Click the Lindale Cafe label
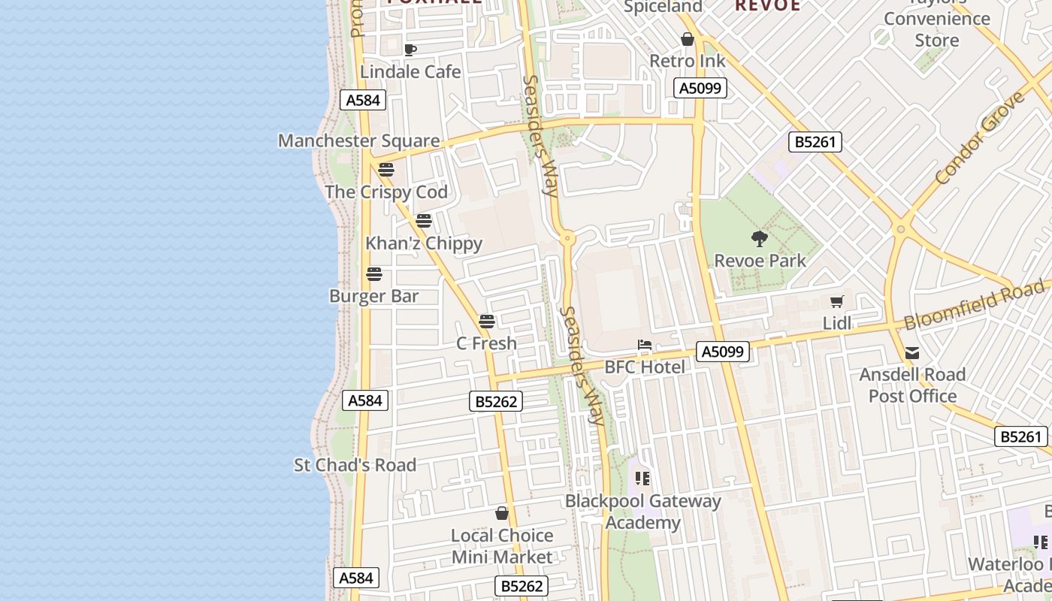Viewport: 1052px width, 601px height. (x=410, y=71)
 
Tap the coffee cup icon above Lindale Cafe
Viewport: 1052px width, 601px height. (x=410, y=50)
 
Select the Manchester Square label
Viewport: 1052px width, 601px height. (x=358, y=140)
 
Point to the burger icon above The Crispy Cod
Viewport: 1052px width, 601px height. (x=386, y=170)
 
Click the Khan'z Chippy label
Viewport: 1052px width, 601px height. (x=424, y=243)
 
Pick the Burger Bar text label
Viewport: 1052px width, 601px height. (x=373, y=296)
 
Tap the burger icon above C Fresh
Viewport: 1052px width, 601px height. (x=487, y=322)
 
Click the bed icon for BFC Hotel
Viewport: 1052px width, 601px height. (x=645, y=346)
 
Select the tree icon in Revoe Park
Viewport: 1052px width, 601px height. (x=760, y=239)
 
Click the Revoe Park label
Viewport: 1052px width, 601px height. (x=760, y=261)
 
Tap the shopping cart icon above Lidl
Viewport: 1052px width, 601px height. (x=837, y=302)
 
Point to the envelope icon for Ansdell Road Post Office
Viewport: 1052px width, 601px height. (x=912, y=353)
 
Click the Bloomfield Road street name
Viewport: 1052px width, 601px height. (x=974, y=304)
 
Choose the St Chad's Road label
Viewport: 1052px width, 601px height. (x=355, y=465)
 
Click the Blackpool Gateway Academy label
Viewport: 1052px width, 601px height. (x=643, y=512)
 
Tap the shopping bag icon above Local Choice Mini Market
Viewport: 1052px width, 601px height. (x=502, y=514)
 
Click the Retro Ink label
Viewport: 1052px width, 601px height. (x=688, y=61)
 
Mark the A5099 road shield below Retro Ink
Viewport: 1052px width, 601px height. (x=700, y=89)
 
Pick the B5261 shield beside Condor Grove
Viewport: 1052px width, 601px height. (x=815, y=142)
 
